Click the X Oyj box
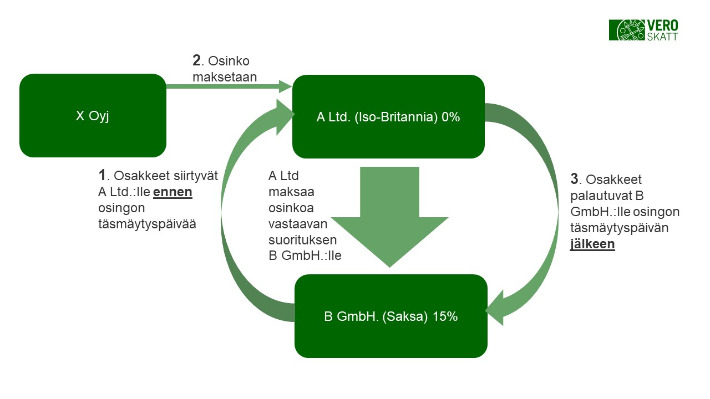[93, 115]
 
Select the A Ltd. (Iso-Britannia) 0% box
[388, 116]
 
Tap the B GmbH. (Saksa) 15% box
[390, 316]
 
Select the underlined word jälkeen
[592, 244]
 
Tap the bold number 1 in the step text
[102, 176]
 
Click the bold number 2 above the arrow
[196, 61]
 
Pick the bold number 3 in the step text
[575, 179]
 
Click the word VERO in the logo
[663, 25]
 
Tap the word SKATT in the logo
[662, 36]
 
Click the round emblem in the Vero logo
[631, 30]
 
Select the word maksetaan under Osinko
[225, 77]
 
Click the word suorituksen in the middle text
[302, 241]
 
